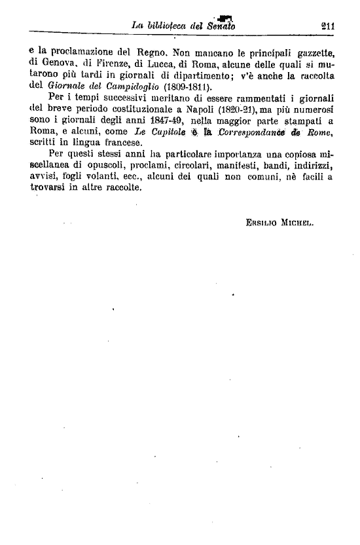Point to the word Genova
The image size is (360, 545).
(x=54, y=65)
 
